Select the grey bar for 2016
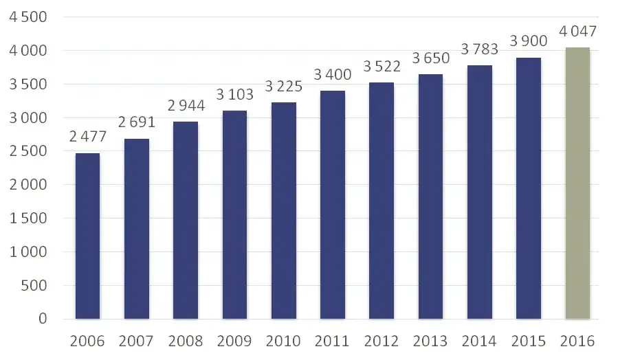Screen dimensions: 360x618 (x=577, y=183)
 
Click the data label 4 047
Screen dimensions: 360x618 (x=577, y=32)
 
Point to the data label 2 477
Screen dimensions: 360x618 (x=87, y=137)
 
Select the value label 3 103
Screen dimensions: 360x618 (x=234, y=95)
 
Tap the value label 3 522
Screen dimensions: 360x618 (x=382, y=67)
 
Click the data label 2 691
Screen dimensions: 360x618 (x=137, y=122)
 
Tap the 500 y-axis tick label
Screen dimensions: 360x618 (x=34, y=285)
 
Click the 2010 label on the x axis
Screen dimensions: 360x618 (x=284, y=341)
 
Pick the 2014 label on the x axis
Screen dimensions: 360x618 (x=480, y=341)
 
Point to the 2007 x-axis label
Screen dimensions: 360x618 (x=137, y=341)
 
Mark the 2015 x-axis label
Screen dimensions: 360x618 (x=529, y=341)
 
